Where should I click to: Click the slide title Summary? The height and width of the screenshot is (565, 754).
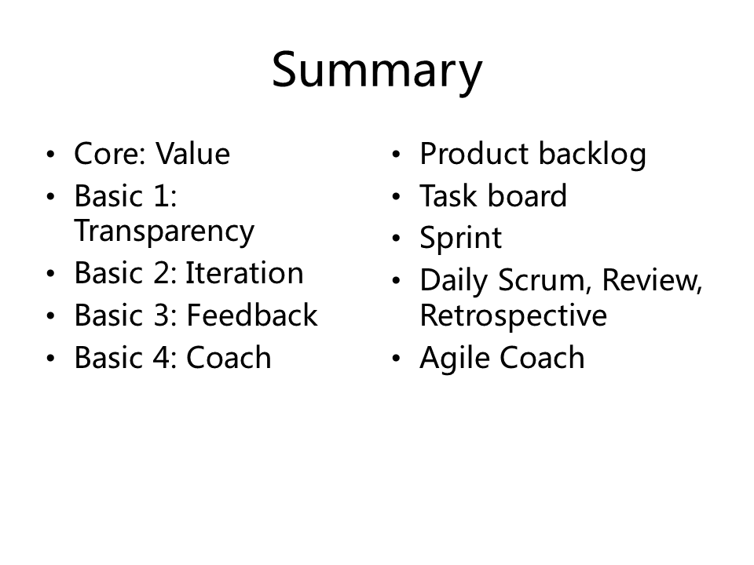[377, 71]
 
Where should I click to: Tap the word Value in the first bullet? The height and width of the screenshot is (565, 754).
[193, 154]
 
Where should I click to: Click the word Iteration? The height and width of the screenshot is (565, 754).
[244, 273]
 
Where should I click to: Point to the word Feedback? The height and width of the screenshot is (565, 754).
[252, 315]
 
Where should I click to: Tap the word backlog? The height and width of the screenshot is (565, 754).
[592, 155]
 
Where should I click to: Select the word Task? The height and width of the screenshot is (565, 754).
[449, 196]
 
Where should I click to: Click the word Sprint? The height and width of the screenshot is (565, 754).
[461, 239]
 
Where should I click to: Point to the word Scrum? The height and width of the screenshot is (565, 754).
[541, 280]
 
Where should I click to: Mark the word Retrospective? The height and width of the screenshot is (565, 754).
[514, 317]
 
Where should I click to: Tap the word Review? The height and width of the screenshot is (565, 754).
[652, 280]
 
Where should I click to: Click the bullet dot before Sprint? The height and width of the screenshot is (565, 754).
[396, 239]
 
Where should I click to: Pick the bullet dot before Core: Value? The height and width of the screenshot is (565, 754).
[50, 155]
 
